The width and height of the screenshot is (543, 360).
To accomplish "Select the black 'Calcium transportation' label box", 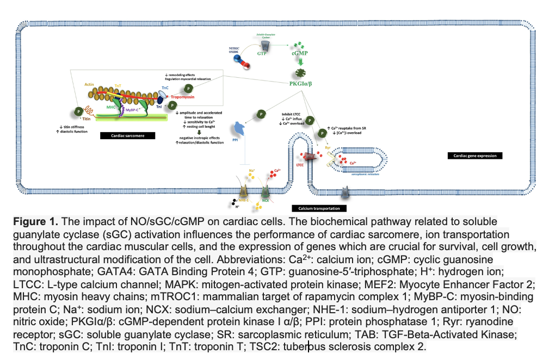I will (319, 208).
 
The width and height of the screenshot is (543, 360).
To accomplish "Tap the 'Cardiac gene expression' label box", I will (474, 156).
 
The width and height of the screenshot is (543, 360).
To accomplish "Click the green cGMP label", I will (299, 53).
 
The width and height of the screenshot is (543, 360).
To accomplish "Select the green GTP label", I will (262, 53).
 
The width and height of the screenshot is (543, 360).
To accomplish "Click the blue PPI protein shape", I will (239, 129).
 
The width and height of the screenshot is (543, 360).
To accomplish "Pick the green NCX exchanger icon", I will (266, 192).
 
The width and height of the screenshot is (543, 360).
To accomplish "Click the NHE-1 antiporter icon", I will (243, 191).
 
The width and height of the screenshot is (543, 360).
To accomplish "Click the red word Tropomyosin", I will (182, 94).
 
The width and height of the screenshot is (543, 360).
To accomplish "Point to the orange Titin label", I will (86, 117).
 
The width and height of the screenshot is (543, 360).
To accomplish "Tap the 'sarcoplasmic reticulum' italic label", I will (357, 176).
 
